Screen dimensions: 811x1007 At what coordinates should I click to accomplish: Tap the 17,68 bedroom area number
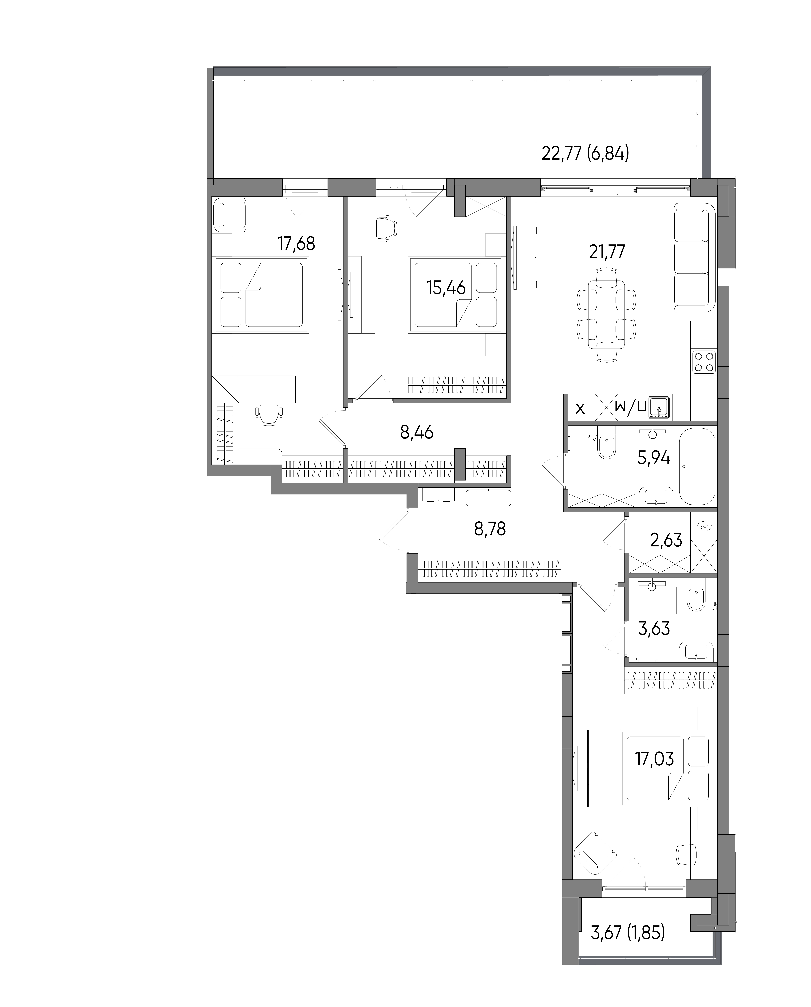click(296, 244)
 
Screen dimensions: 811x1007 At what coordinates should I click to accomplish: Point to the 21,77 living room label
click(607, 252)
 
